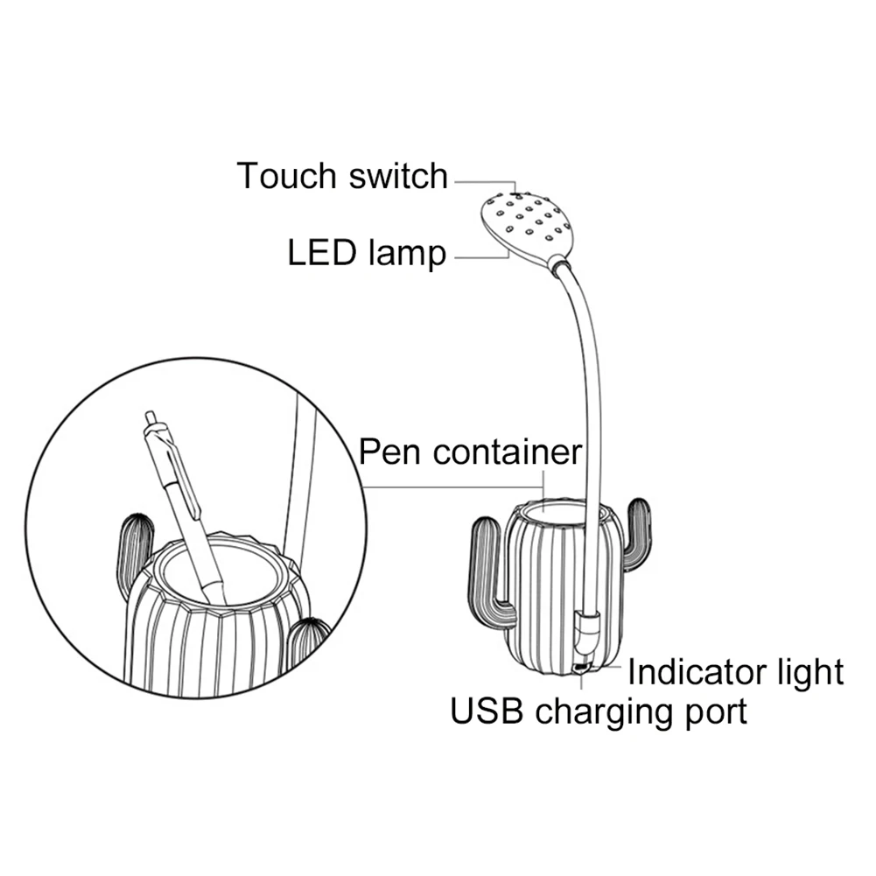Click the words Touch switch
tap(341, 176)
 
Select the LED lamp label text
tap(367, 254)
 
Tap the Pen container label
tap(471, 452)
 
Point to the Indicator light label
tap(735, 672)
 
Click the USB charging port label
tap(599, 711)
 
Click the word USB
tap(487, 711)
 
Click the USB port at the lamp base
tap(580, 669)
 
